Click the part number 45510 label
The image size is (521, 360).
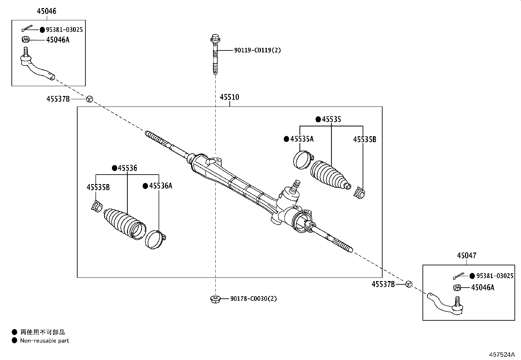coord(229,97)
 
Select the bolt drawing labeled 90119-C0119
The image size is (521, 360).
coord(215,54)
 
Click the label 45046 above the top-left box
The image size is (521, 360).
coord(46,11)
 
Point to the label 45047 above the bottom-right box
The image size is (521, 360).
coord(467,256)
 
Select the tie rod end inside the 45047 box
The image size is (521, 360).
coord(445,303)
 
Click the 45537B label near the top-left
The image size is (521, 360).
coord(58,99)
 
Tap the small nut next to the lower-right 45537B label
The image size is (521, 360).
coord(409,284)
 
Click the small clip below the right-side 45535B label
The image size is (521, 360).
coord(359,193)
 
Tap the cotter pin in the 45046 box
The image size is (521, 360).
coord(28,29)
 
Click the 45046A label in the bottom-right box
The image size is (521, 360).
coord(482,288)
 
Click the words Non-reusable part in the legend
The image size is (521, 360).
coord(45,341)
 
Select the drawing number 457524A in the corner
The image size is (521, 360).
coord(502,354)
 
